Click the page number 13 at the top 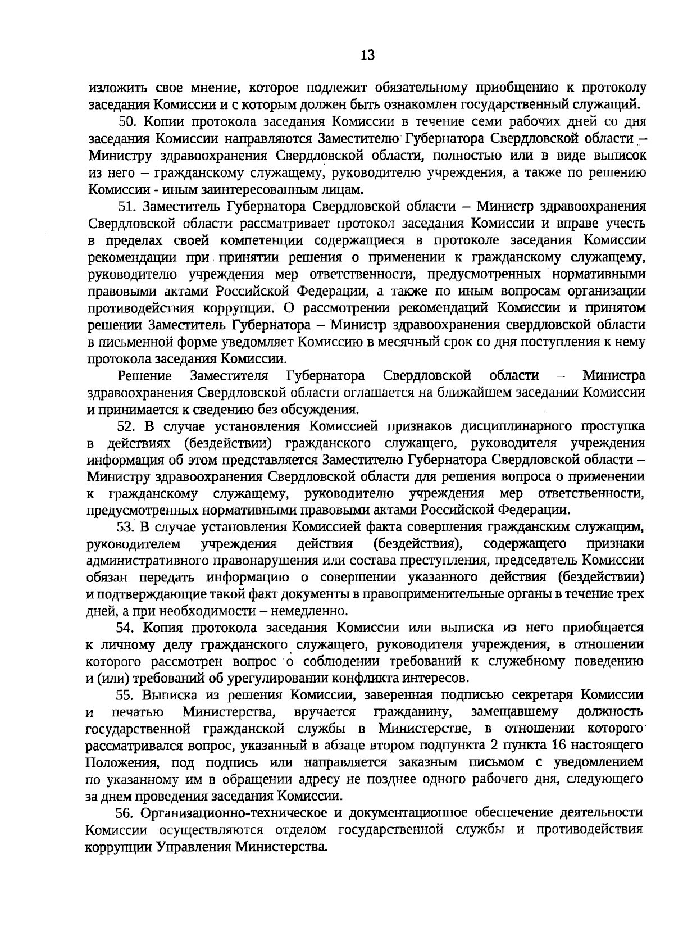(367, 55)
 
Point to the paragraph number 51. (128, 206)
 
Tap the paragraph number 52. (127, 426)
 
